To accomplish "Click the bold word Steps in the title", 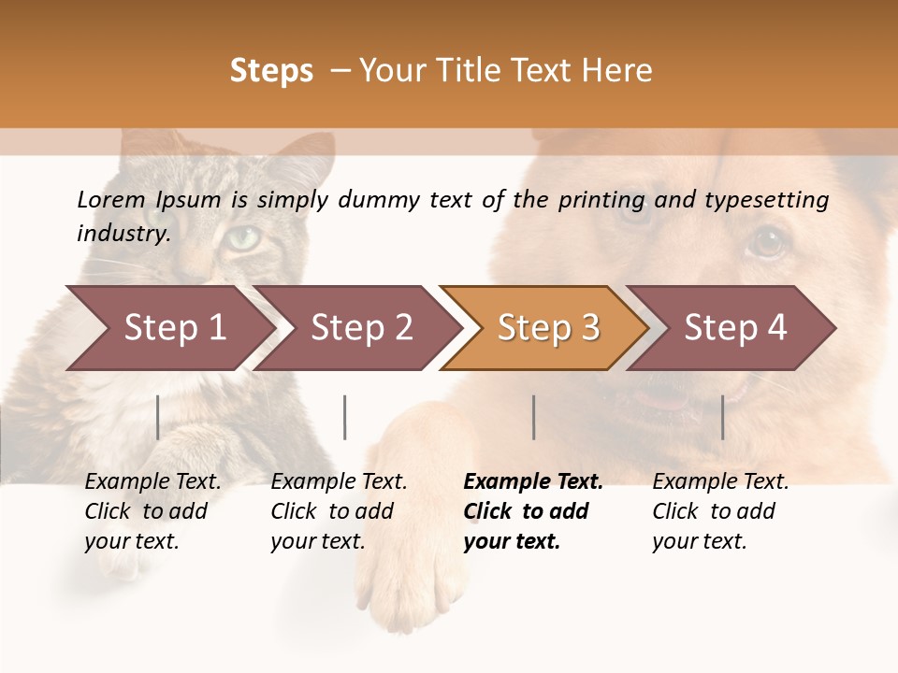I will (x=271, y=71).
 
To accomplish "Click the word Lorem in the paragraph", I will (x=110, y=199).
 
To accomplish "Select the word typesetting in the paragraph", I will (x=767, y=200).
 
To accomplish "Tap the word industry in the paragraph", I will (x=123, y=233).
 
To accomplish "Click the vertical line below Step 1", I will (x=158, y=417).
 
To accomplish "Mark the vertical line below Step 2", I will (x=345, y=417).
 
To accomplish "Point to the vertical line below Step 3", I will (x=533, y=417).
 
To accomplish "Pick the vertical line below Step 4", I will (x=722, y=417).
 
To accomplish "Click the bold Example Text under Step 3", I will (x=533, y=481).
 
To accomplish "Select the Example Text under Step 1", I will (x=152, y=481).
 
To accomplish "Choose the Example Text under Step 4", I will (x=720, y=481).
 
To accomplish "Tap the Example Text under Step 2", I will (x=339, y=481).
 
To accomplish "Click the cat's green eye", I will (x=243, y=237).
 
